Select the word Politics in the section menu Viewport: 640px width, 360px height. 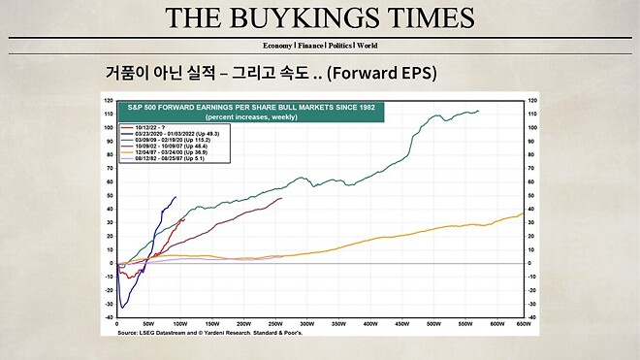tap(333, 46)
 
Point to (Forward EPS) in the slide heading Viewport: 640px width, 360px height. tap(386, 73)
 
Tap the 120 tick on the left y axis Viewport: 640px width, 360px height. tap(109, 100)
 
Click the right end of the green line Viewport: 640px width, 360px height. tap(477, 111)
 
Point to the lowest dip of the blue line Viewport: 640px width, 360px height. tap(122, 308)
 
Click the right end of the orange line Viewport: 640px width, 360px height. tap(523, 213)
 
